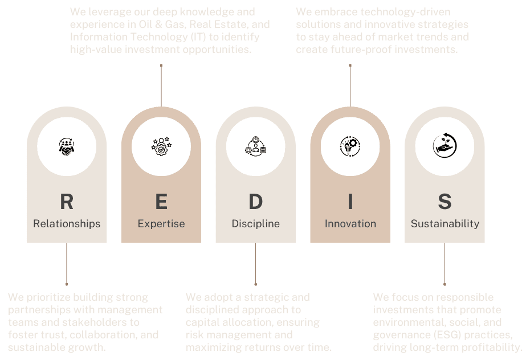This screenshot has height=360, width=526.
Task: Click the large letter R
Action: (x=67, y=202)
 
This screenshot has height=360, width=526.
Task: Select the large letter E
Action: (x=161, y=202)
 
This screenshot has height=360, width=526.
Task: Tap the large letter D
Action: (x=256, y=202)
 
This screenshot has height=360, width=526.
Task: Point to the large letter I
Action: (x=350, y=202)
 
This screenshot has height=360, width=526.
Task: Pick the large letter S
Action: (x=445, y=202)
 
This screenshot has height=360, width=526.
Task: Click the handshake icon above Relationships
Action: (x=67, y=146)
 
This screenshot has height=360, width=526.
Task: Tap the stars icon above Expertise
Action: (x=161, y=146)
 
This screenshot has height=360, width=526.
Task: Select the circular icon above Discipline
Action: (x=256, y=146)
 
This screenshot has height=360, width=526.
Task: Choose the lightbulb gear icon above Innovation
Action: (x=350, y=146)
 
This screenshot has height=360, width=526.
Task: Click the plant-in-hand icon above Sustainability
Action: (x=445, y=146)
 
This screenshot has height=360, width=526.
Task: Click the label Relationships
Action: (x=67, y=224)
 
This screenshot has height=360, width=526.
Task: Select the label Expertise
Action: (x=161, y=224)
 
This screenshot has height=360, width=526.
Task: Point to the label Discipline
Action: (x=256, y=224)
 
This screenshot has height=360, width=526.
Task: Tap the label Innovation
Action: (x=350, y=224)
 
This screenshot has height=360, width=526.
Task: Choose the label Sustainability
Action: (x=445, y=224)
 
